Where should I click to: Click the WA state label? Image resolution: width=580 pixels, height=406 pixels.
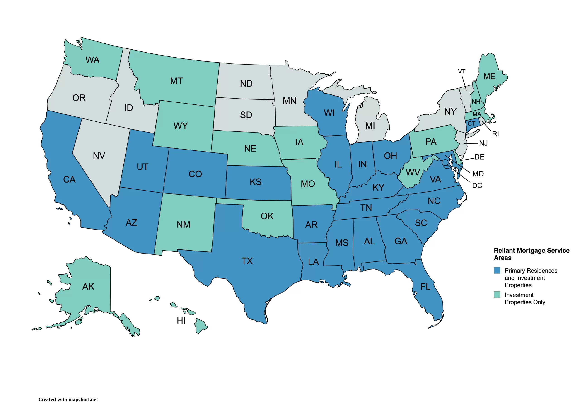92,60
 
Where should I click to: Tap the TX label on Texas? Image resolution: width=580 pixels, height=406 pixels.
247,261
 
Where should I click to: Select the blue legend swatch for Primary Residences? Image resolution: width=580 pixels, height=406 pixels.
497,270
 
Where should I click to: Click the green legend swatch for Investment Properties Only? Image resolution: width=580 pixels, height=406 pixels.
497,295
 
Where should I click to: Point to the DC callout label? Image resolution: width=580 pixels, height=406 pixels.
477,186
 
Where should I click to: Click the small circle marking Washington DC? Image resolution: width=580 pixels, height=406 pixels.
445,162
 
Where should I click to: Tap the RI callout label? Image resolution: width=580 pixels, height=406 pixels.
495,134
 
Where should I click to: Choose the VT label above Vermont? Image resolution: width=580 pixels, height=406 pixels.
462,72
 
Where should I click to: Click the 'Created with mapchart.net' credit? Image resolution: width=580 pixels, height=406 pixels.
68,399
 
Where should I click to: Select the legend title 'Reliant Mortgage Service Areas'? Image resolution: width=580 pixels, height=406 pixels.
531,254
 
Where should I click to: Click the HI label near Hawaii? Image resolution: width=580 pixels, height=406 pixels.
181,321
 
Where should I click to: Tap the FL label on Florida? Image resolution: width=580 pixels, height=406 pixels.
425,287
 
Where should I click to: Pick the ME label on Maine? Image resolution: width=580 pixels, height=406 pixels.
489,77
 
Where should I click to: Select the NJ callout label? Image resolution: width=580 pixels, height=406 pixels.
483,143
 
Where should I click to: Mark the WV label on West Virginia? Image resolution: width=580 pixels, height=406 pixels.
413,173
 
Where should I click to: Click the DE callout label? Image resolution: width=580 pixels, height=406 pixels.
479,157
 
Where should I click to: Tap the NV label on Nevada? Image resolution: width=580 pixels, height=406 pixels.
99,156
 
